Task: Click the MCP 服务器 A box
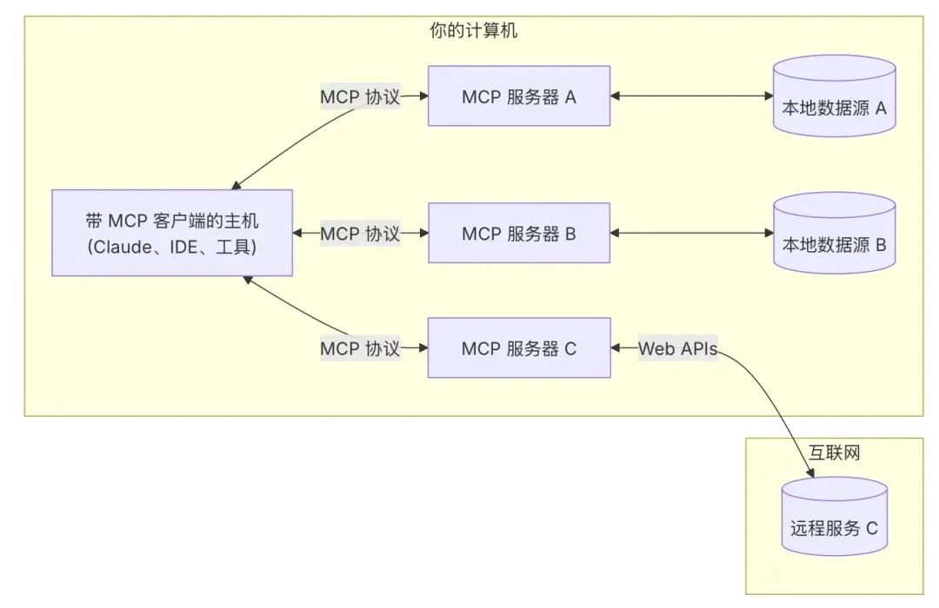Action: pyautogui.click(x=518, y=96)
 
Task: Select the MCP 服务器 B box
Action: pyautogui.click(x=518, y=234)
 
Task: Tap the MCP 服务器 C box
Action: pyautogui.click(x=518, y=348)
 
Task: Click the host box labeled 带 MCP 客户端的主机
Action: pyautogui.click(x=171, y=234)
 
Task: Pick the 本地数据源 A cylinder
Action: pyautogui.click(x=834, y=96)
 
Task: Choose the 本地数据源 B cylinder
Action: pyautogui.click(x=834, y=234)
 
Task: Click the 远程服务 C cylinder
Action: pyautogui.click(x=834, y=521)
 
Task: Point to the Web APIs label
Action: pyautogui.click(x=678, y=348)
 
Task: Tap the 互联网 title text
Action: pyautogui.click(x=834, y=453)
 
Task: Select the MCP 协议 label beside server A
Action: pyautogui.click(x=360, y=96)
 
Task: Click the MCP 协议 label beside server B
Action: pyautogui.click(x=360, y=234)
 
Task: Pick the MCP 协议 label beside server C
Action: pyautogui.click(x=360, y=348)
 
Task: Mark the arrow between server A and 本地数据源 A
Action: pyautogui.click(x=691, y=96)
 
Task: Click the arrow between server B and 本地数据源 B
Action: pyautogui.click(x=691, y=234)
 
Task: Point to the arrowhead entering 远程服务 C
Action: pyautogui.click(x=810, y=473)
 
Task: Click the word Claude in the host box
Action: pyautogui.click(x=117, y=247)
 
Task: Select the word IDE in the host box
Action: pyautogui.click(x=183, y=247)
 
